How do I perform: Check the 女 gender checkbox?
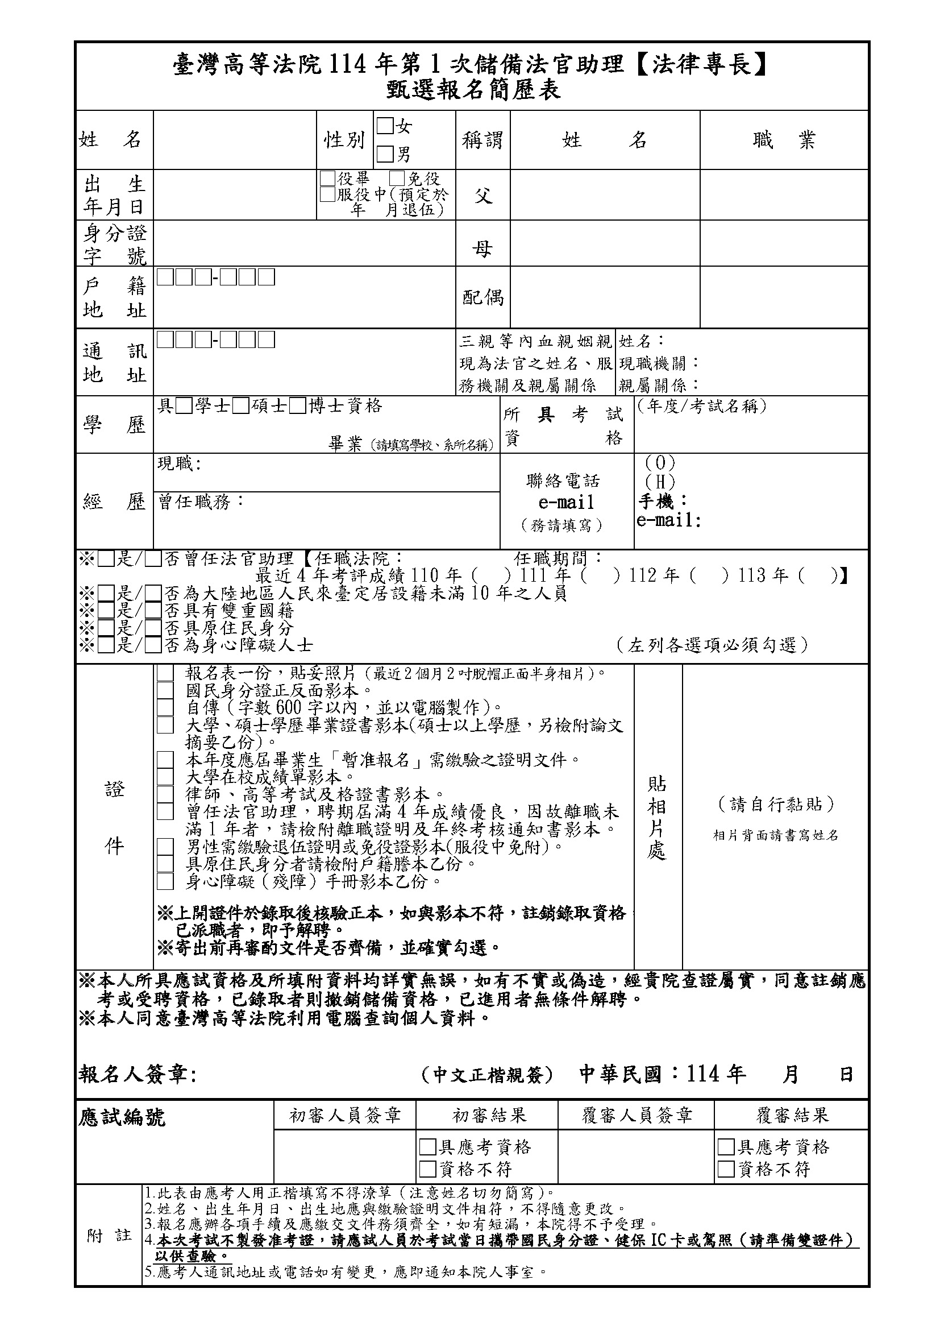coord(385,126)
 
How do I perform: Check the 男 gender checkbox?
coord(385,154)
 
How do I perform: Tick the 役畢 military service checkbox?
coord(327,178)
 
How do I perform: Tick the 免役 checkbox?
coord(397,178)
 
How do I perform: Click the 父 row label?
coord(483,196)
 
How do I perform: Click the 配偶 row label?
coord(483,297)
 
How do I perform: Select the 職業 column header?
coord(784,140)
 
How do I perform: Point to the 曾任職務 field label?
coord(201,502)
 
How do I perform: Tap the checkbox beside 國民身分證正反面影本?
coord(165,690)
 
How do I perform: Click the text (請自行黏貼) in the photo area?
coord(776,804)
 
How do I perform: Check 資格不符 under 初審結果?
coord(428,1169)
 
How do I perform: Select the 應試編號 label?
coord(122,1117)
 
